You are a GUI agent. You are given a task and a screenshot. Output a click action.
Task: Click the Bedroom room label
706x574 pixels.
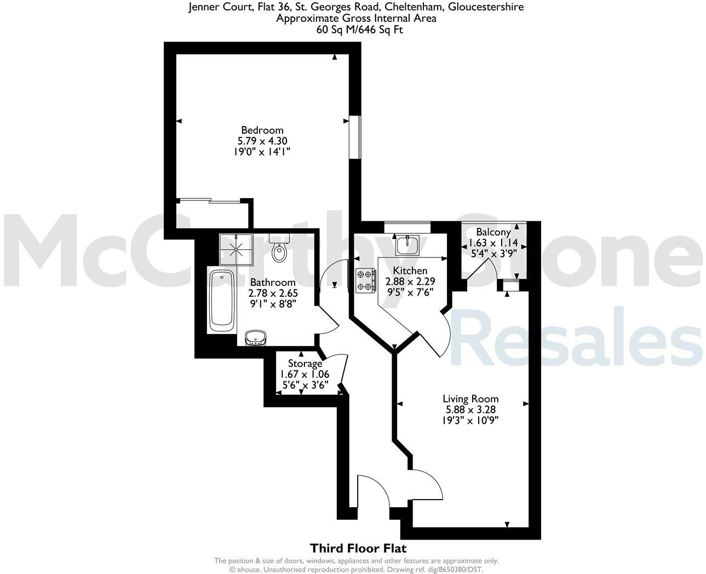point(262,130)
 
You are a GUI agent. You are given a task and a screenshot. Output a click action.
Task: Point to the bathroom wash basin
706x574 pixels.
point(255,338)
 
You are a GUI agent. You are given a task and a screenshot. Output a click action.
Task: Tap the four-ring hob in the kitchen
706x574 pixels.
point(366,280)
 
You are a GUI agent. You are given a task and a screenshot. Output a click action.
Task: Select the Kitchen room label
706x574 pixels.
point(410,271)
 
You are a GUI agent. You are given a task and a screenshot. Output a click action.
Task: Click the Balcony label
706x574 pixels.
point(493,232)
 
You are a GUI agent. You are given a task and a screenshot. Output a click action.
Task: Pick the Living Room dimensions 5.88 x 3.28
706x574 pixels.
point(471,409)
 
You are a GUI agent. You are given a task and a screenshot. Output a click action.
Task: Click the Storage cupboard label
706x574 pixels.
point(305,364)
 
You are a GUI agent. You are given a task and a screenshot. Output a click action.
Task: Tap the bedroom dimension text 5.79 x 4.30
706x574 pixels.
point(262,141)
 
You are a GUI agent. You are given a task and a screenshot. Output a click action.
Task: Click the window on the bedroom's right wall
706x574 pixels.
point(355,137)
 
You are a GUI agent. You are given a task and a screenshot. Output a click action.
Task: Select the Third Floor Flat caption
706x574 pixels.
point(358,548)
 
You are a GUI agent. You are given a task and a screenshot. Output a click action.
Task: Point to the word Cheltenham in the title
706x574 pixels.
point(414,7)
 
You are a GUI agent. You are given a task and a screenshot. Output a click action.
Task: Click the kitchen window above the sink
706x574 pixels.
point(407,224)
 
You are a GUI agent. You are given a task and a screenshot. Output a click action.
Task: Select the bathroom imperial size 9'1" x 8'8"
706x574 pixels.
point(273,303)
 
